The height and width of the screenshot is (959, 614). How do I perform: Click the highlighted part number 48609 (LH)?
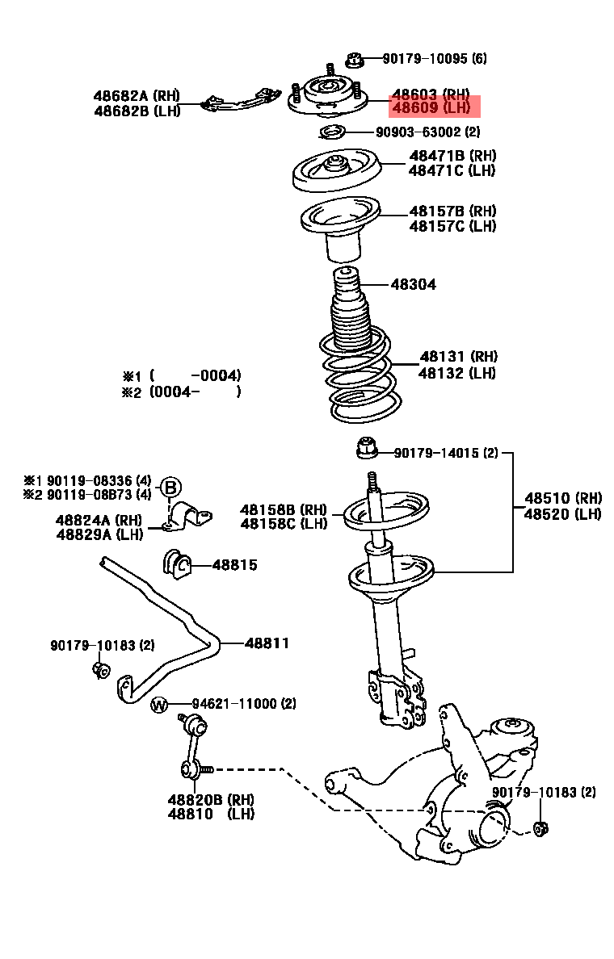431,107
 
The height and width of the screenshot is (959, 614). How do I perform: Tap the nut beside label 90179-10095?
353,59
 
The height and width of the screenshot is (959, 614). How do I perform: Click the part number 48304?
414,284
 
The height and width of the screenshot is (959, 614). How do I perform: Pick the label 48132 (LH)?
457,373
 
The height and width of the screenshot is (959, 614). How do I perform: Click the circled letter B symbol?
170,487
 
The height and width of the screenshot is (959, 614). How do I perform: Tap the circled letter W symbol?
159,705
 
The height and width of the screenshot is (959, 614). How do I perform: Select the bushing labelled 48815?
177,564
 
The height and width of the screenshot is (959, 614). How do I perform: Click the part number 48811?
267,643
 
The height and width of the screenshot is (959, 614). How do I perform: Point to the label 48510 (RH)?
563,498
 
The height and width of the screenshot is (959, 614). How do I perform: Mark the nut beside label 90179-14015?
367,446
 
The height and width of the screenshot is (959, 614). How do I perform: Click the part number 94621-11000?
243,704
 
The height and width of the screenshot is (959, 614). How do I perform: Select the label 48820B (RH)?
211,799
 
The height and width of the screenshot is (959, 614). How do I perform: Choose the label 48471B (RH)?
452,155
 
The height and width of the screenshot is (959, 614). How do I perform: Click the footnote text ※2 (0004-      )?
182,392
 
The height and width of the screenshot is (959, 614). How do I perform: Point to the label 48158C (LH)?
284,524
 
